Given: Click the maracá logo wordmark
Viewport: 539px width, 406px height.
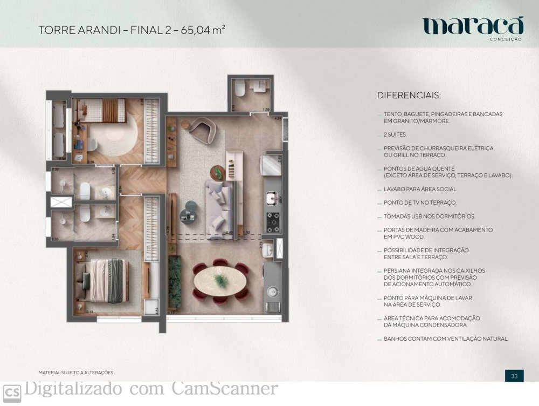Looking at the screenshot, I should [x=473, y=26].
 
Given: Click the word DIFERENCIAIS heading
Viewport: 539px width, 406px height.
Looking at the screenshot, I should [x=409, y=96].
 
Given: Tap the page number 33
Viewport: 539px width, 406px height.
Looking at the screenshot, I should [x=514, y=376].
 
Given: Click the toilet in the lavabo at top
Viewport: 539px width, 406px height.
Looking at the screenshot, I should [x=242, y=89].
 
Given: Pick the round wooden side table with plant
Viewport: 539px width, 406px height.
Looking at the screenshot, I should [x=218, y=172].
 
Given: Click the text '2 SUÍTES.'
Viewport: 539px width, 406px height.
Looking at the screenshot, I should [x=396, y=134].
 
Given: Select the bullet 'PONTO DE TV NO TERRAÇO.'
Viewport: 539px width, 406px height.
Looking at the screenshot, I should [x=420, y=202].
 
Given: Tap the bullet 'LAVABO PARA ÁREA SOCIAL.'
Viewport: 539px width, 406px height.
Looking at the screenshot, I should [x=420, y=189].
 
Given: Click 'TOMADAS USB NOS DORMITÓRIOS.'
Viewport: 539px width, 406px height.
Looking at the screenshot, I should [x=429, y=216].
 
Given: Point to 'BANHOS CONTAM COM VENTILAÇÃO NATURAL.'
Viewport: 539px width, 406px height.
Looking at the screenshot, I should [x=446, y=339].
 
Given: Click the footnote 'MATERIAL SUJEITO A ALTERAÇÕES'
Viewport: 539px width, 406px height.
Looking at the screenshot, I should [x=76, y=373].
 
